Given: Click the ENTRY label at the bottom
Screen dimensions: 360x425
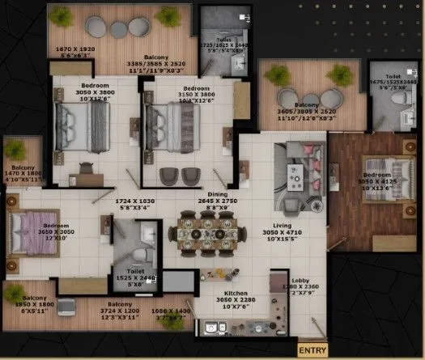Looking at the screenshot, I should [x=312, y=350].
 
